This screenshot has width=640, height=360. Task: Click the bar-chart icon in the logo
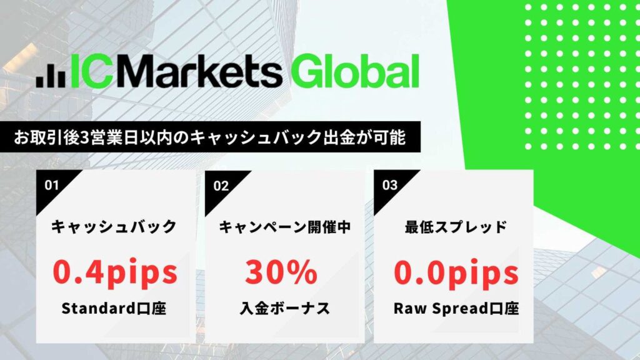pyautogui.click(x=51, y=76)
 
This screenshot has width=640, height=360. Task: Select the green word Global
pyautogui.click(x=355, y=71)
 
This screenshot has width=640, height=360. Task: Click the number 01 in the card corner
pyautogui.click(x=52, y=185)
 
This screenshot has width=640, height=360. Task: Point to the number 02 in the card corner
pyautogui.click(x=221, y=186)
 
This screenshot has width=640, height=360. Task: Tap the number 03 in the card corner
pyautogui.click(x=390, y=185)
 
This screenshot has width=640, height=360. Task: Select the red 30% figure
pyautogui.click(x=281, y=272)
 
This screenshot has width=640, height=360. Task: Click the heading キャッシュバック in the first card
pyautogui.click(x=114, y=226)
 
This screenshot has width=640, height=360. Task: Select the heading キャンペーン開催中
pyautogui.click(x=285, y=227)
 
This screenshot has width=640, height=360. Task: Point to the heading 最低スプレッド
pyautogui.click(x=456, y=226)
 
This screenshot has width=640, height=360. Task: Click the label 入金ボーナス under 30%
pyautogui.click(x=285, y=308)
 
